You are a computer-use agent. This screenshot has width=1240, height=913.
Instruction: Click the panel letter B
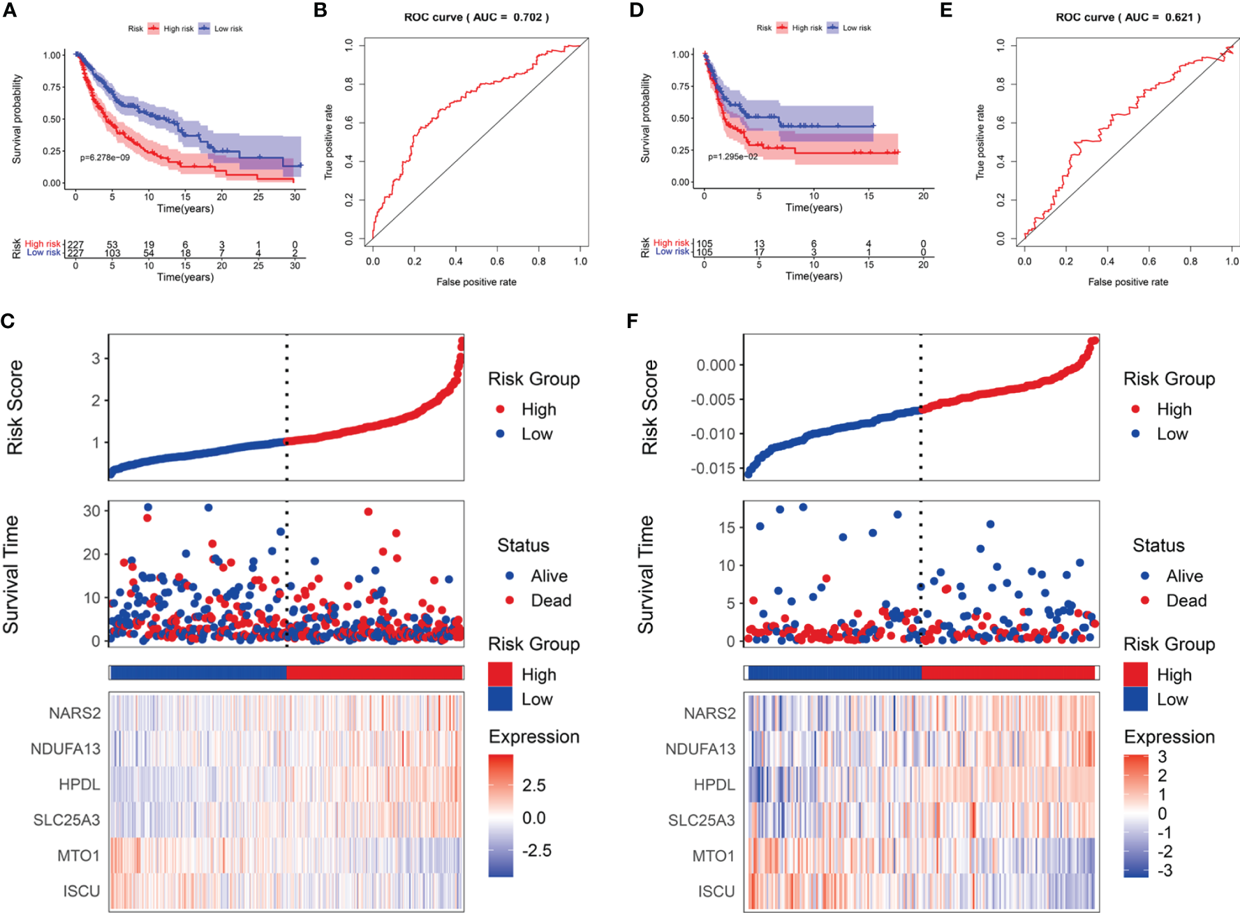(x=320, y=10)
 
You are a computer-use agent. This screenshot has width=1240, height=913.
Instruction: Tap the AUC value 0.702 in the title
(x=527, y=17)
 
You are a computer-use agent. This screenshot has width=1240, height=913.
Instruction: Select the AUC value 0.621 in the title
(x=1179, y=17)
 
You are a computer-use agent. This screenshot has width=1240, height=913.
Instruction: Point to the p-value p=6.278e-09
(x=105, y=158)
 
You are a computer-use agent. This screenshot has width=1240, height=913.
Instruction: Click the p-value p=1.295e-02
(x=732, y=157)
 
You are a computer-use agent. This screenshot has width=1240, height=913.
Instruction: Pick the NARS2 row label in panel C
(x=75, y=713)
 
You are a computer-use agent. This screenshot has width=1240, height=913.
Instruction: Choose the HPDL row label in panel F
(x=714, y=785)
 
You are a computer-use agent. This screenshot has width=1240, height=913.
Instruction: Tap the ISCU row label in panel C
(x=82, y=891)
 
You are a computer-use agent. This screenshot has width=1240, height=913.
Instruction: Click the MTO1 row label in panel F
(x=714, y=856)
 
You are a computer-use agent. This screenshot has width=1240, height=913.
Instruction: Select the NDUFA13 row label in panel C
(x=66, y=749)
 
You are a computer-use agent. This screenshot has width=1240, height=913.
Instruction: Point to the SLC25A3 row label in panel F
(x=702, y=820)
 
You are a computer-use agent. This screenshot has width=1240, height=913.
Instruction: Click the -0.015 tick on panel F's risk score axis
(x=713, y=468)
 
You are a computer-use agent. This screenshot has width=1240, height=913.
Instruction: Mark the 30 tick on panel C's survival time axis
(x=91, y=511)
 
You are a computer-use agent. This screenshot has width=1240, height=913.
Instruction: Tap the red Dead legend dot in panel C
(x=510, y=600)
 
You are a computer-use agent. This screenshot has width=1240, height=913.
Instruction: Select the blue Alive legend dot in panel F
(x=1145, y=576)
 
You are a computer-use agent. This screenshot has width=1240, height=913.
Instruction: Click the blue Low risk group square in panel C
(x=500, y=699)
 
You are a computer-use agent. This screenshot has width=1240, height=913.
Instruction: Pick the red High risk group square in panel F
(x=1135, y=674)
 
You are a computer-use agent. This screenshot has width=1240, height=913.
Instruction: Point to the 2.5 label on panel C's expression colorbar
(x=534, y=785)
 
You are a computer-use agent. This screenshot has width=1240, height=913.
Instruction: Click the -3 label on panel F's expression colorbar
(x=1165, y=870)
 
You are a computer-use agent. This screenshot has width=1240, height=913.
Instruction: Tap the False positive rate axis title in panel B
(x=476, y=282)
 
